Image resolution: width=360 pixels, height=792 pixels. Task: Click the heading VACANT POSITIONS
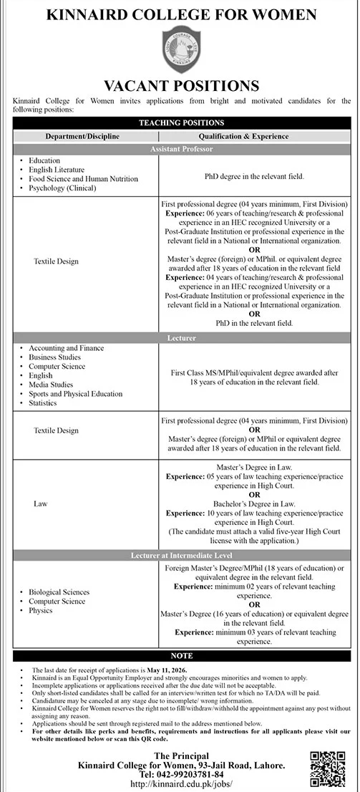pyautogui.click(x=180, y=87)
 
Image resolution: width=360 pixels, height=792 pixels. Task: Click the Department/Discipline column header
pyautogui.click(x=82, y=136)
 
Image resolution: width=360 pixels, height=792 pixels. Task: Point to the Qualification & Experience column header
pyautogui.click(x=256, y=136)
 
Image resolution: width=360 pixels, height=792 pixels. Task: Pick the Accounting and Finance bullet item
pyautogui.click(x=66, y=348)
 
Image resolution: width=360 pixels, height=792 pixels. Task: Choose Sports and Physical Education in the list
pyautogui.click(x=75, y=394)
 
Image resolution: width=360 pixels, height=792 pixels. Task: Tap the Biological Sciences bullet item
pyautogui.click(x=59, y=592)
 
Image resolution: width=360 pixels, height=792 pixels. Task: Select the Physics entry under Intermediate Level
pyautogui.click(x=40, y=611)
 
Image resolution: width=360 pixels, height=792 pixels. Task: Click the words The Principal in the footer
pyautogui.click(x=180, y=755)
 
